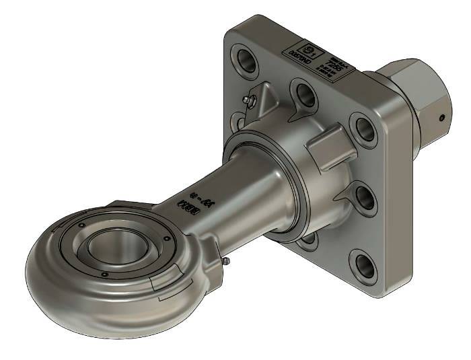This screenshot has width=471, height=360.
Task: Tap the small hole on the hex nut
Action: (x=441, y=117)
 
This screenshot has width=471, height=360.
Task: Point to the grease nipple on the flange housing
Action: (x=250, y=100)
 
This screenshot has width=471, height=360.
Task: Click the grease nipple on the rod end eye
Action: (x=226, y=260)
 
